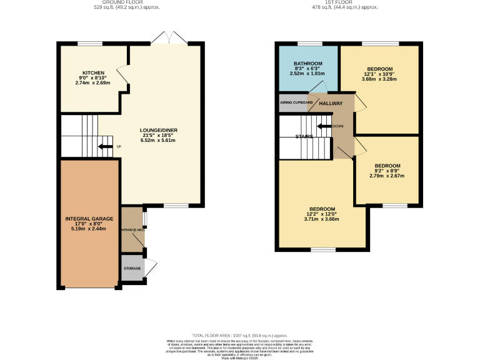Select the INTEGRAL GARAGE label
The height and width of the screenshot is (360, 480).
click(89, 219)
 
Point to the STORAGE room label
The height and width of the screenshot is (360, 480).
click(132, 268)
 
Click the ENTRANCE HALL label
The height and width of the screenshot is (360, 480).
click(132, 230)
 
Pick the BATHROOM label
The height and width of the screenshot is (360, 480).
click(308, 63)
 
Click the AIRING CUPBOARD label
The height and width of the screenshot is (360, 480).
click(296, 102)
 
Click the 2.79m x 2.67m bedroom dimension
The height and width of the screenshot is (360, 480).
click(387, 176)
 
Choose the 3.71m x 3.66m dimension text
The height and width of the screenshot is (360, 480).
click(322, 219)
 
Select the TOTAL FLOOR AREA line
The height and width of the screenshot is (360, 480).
click(239, 336)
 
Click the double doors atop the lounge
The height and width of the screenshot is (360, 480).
click(169, 37)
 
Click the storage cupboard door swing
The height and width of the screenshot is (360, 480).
click(151, 267)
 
